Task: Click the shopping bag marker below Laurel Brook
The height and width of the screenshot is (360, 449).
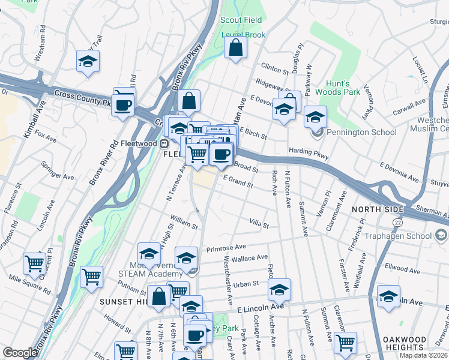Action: point(236,48)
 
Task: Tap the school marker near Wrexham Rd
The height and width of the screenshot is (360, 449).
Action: point(88,62)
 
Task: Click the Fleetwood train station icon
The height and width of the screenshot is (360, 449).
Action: point(163,144)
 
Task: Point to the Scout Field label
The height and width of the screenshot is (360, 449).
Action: point(241,20)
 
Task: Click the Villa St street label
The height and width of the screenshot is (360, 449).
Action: point(259,224)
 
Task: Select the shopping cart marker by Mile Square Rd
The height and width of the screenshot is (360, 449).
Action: point(35,263)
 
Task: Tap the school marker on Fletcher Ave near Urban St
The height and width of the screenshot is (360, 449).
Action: point(279,290)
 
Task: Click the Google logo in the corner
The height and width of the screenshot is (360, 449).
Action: point(20,353)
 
